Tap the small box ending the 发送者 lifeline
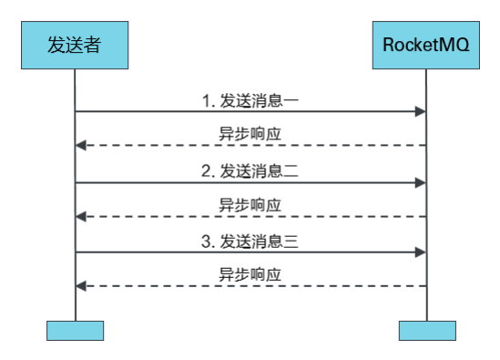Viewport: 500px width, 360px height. pos(75,329)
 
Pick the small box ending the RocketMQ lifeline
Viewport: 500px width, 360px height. pos(426,329)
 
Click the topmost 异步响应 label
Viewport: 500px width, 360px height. pos(250,133)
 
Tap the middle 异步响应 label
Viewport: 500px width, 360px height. pos(250,204)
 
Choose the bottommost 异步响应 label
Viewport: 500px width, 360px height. pos(250,274)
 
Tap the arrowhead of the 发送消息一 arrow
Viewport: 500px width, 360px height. pos(421,111)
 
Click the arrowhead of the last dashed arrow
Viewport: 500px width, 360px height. pos(81,286)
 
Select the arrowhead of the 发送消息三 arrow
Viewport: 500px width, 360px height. pos(421,252)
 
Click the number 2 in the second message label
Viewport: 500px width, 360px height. pos(206,170)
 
